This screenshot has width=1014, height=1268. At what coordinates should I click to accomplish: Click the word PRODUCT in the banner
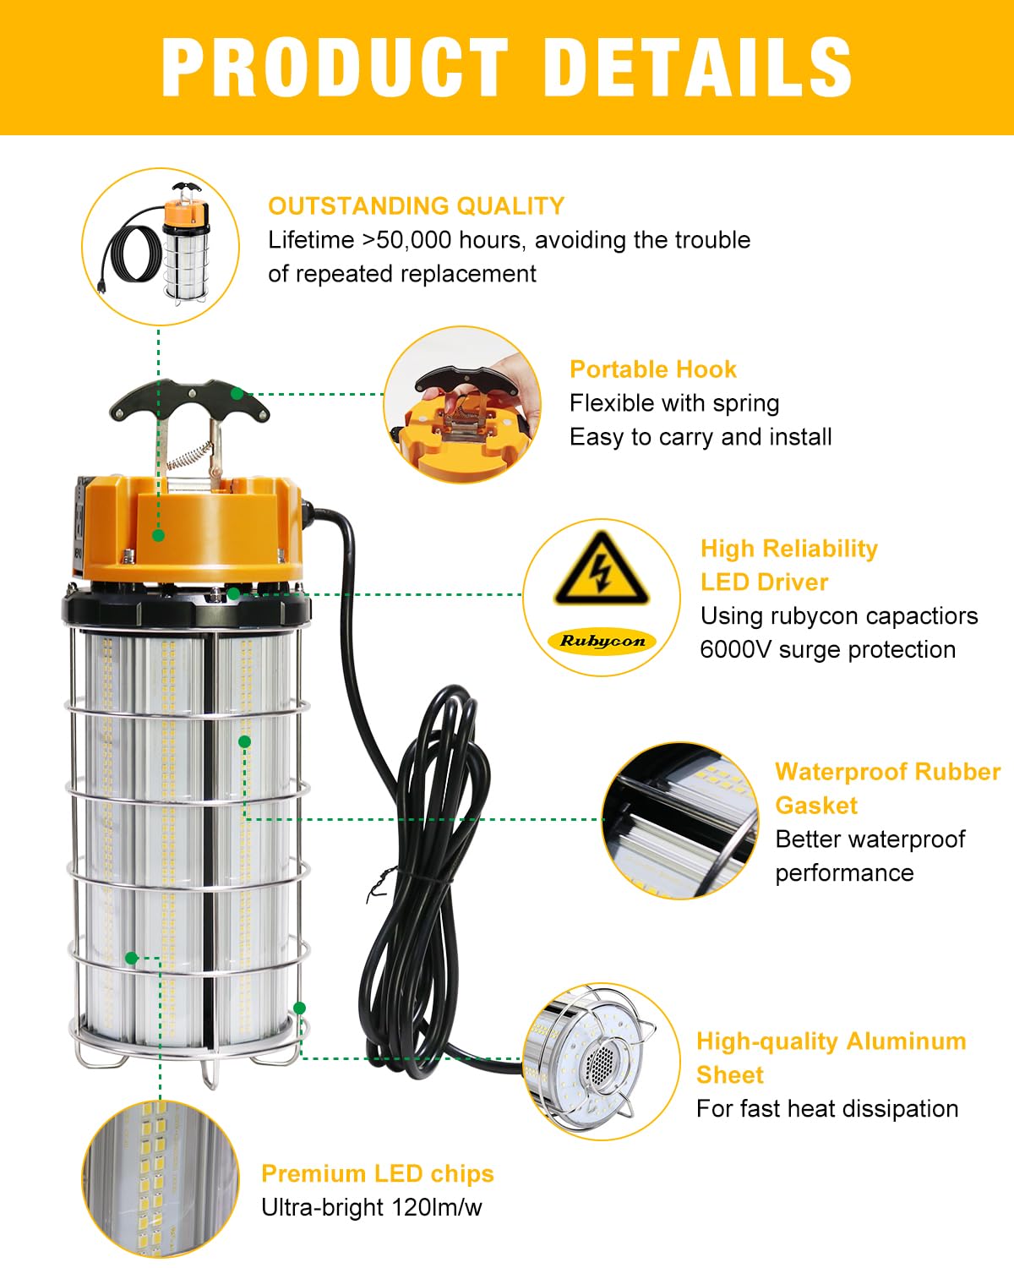pos(335,68)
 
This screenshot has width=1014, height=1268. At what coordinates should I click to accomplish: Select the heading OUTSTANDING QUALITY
pos(416,206)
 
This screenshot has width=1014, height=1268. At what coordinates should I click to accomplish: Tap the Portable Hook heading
pos(652,369)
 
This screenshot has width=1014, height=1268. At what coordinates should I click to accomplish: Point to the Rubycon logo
pos(602,641)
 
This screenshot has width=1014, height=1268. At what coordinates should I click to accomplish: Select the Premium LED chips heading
pos(377,1173)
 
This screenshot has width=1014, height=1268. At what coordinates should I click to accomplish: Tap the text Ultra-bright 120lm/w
pos(371,1207)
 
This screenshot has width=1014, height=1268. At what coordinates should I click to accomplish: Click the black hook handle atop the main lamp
pos(189,401)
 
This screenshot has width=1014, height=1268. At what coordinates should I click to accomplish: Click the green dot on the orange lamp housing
pos(158,535)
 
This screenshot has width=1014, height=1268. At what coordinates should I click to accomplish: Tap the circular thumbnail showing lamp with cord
pos(161,246)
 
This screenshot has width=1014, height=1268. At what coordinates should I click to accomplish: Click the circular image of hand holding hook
pos(463,405)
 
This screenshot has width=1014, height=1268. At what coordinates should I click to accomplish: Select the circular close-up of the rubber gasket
pos(680,820)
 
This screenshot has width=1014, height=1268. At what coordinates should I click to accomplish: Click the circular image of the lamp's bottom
pos(601,1061)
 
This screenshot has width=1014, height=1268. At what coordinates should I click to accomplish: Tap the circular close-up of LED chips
pos(161,1178)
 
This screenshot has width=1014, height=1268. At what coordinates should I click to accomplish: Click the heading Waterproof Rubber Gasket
pos(886,788)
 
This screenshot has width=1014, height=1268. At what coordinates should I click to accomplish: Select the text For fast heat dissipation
pos(826,1109)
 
